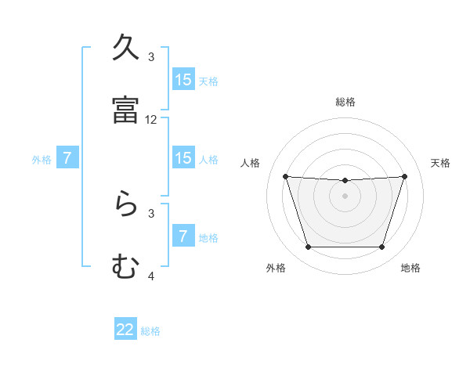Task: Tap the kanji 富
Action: point(125,110)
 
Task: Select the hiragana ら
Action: point(125,205)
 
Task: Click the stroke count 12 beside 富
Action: point(151,120)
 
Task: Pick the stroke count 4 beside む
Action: point(151,276)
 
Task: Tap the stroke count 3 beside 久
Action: point(151,56)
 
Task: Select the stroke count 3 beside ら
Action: point(151,212)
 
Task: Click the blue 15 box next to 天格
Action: point(183,80)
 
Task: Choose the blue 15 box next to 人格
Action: point(183,158)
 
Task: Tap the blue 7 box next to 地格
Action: point(183,236)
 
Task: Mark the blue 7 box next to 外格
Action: point(67,158)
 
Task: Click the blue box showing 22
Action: point(125,330)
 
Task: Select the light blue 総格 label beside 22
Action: point(150,330)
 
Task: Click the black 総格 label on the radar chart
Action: point(345,102)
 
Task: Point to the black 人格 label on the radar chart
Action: point(251,163)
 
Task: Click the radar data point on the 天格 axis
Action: point(404,176)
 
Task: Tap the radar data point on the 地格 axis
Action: point(381,247)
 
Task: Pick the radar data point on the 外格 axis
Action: point(308,247)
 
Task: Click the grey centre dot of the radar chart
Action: point(345,196)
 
